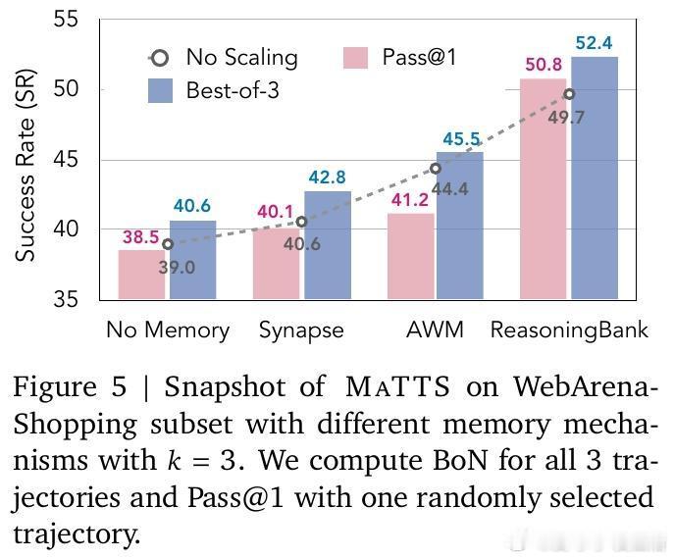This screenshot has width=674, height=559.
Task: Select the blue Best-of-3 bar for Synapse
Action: [x=327, y=245]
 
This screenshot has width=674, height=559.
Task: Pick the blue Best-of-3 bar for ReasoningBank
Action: [x=595, y=177]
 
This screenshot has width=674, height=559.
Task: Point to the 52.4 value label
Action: [x=595, y=43]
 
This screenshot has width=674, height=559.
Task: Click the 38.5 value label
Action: [x=141, y=236]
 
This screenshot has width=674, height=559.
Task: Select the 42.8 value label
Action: [x=327, y=178]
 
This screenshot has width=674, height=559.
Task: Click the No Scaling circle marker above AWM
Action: [x=436, y=169]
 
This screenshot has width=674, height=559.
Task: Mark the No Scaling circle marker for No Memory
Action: [x=168, y=244]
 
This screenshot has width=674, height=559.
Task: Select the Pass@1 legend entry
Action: [x=402, y=58]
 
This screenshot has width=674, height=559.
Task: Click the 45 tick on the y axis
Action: [x=76, y=160]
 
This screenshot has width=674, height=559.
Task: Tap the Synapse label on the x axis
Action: [x=301, y=330]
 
